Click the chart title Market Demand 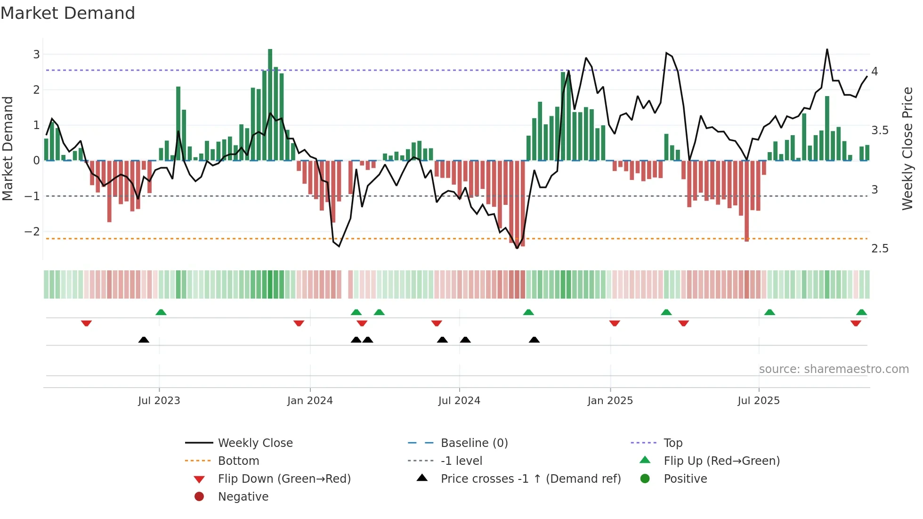click(x=68, y=13)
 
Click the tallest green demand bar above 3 click(x=270, y=104)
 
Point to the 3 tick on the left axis click(x=36, y=54)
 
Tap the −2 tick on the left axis click(x=32, y=231)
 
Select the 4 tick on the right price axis click(x=874, y=71)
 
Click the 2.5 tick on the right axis click(x=880, y=249)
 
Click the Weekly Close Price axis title click(x=907, y=148)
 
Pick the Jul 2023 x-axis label click(x=159, y=401)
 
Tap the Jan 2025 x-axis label click(x=610, y=401)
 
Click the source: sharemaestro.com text click(x=834, y=369)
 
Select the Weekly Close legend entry click(x=255, y=443)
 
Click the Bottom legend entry click(x=238, y=461)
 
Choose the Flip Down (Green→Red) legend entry click(x=284, y=478)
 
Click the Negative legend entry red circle click(x=199, y=496)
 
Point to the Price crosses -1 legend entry click(x=530, y=478)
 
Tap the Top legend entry click(x=673, y=443)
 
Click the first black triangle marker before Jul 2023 click(x=144, y=340)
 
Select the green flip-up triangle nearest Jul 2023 click(x=161, y=312)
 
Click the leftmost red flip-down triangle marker click(x=86, y=323)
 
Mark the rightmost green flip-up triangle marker click(x=861, y=312)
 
